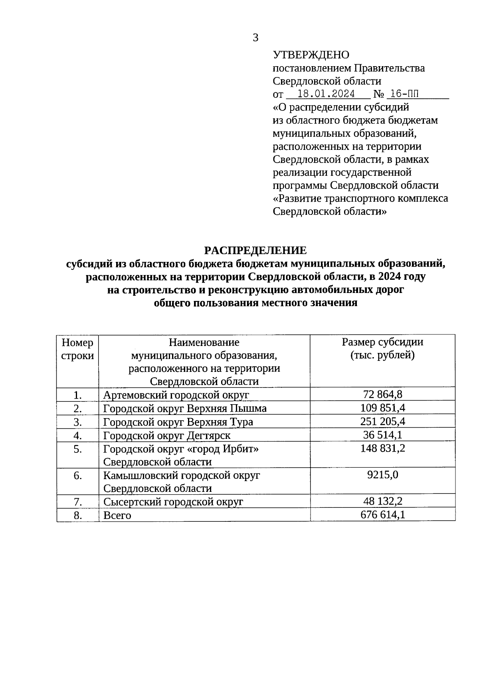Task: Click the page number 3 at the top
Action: pos(255,38)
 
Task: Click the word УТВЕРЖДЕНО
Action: pos(311,55)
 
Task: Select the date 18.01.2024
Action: pos(326,94)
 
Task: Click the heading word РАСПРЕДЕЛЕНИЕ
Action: pos(255,250)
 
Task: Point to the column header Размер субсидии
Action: pos(382,342)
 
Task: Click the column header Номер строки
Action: pos(77,349)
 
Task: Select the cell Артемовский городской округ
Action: pos(176,395)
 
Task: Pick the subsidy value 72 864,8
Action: pos(382,395)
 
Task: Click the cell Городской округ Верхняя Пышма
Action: pos(185,408)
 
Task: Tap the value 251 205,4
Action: pos(382,421)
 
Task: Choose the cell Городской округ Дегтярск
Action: pos(167,435)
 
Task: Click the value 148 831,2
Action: pos(382,448)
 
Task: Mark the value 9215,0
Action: pos(382,475)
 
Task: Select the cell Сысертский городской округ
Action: pos(173,502)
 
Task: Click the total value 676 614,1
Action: pos(382,515)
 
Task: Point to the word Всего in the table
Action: pos(117,515)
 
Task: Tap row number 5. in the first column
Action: pos(77,449)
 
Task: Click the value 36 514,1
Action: pos(382,434)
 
